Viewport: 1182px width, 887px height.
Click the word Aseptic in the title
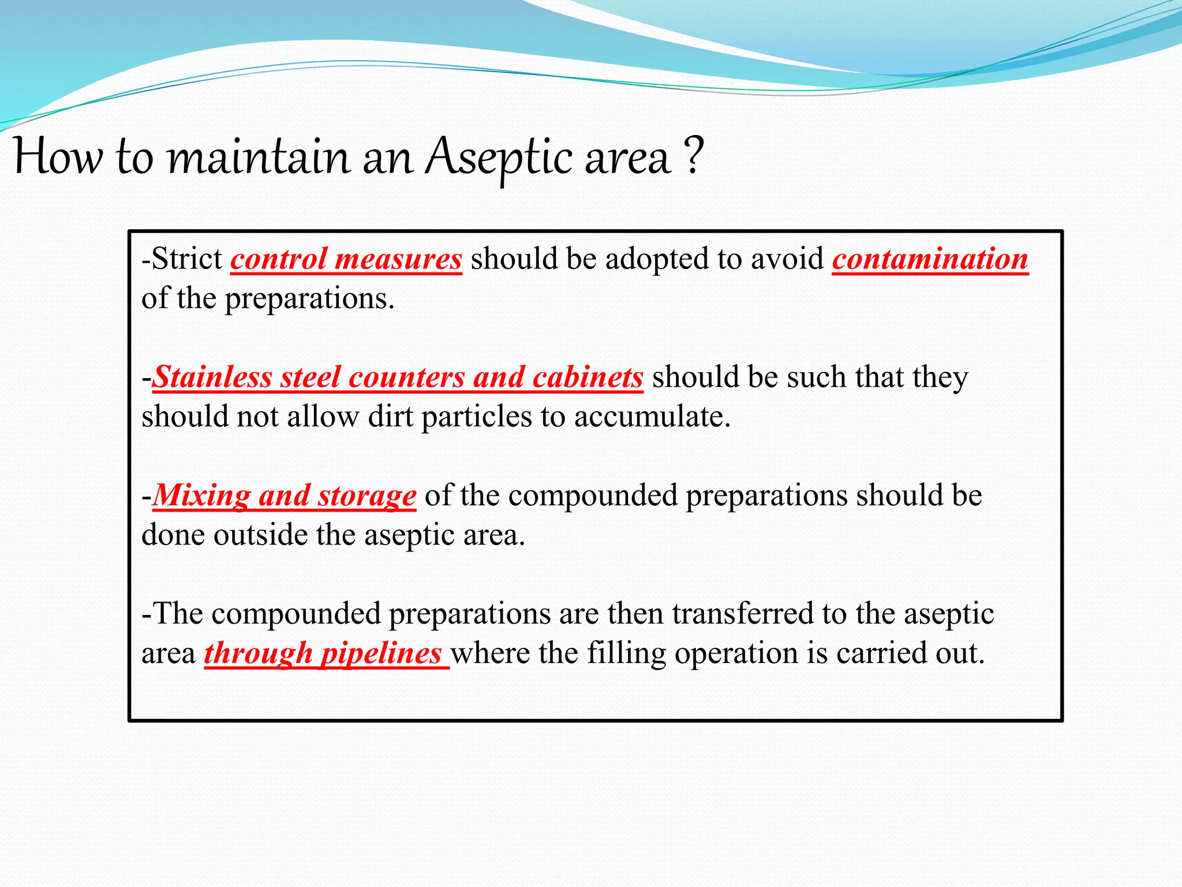click(x=500, y=157)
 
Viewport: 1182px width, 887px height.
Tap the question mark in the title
click(x=694, y=155)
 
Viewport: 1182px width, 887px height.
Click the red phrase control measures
click(x=346, y=259)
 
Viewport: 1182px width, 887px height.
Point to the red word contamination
click(x=930, y=259)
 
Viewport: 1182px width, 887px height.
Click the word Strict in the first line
click(x=186, y=259)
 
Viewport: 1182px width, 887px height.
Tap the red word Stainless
click(x=212, y=378)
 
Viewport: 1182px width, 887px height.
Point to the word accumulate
click(x=652, y=417)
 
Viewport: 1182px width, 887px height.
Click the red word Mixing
click(x=201, y=496)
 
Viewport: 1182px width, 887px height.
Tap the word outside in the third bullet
click(x=260, y=535)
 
